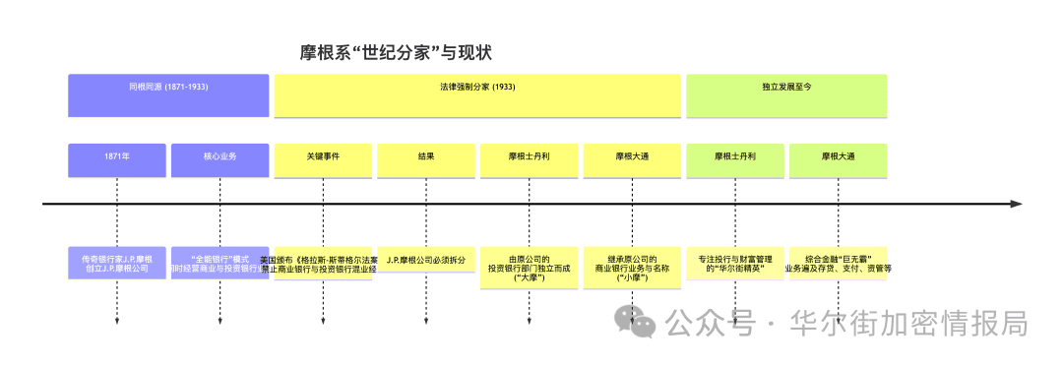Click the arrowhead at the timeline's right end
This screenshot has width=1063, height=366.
[1016, 204]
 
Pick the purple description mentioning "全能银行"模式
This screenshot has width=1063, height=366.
[219, 263]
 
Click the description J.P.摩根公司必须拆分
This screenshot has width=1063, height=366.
[426, 261]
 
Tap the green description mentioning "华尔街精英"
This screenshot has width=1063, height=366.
[735, 263]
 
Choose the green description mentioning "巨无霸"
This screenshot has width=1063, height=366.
[838, 263]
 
